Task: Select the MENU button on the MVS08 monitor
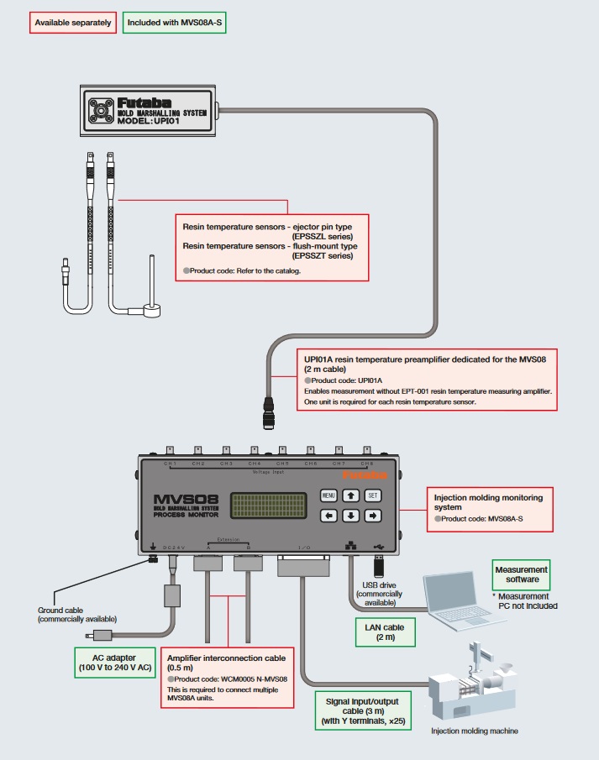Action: point(329,495)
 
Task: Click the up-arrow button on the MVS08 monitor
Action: point(351,495)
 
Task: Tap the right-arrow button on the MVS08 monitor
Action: point(373,516)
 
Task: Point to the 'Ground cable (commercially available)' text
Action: point(77,615)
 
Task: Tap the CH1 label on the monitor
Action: point(170,464)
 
